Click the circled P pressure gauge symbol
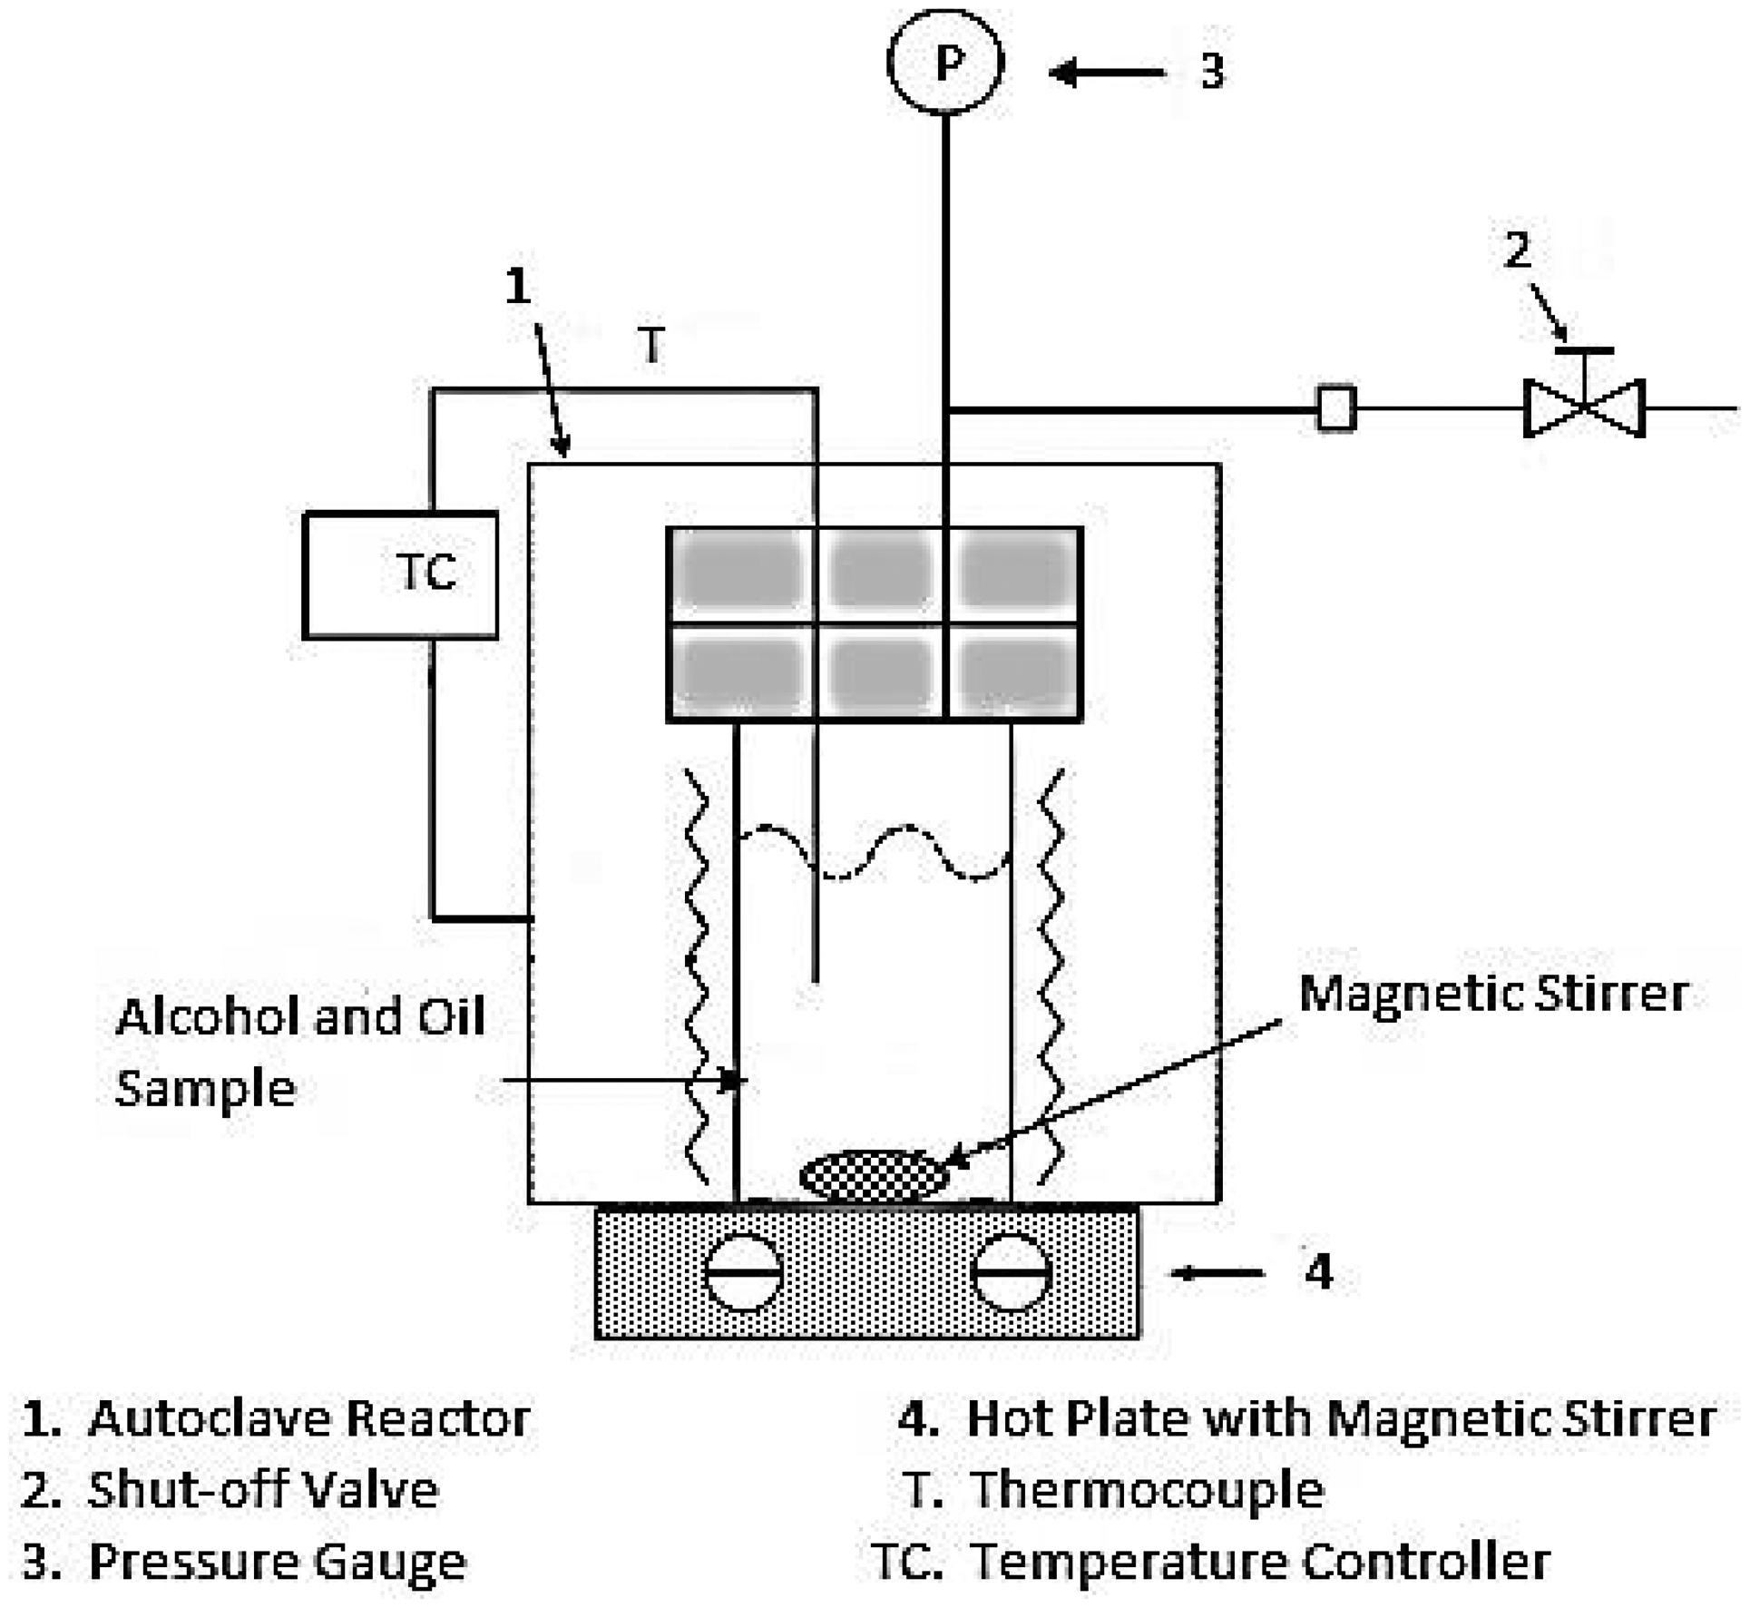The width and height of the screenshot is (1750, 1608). click(x=944, y=62)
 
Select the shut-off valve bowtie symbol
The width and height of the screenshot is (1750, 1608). click(x=1583, y=408)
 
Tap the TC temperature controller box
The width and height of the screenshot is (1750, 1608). click(x=401, y=575)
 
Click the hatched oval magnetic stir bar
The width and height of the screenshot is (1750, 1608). click(x=875, y=1176)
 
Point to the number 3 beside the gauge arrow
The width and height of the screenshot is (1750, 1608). click(x=1212, y=72)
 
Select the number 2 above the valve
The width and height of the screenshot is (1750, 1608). click(x=1517, y=250)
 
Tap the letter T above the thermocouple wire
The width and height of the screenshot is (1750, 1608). click(x=651, y=345)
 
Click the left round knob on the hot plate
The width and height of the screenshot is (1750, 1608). click(x=744, y=1272)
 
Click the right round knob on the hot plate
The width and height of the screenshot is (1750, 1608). click(x=1011, y=1272)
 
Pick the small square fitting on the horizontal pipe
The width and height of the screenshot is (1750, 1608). click(x=1335, y=407)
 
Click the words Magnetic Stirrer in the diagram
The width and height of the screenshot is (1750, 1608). click(x=1493, y=994)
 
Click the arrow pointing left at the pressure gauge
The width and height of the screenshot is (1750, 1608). click(x=1107, y=72)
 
